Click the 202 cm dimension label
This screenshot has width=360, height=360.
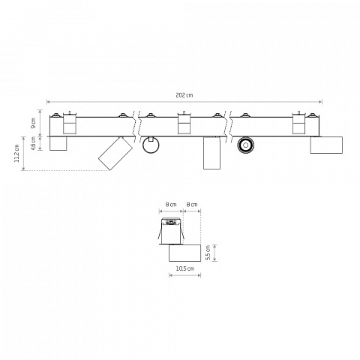(x=184, y=95)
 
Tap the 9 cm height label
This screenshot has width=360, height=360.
(x=33, y=123)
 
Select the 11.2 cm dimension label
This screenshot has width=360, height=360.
(x=16, y=153)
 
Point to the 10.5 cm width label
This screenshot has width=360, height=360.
(x=184, y=268)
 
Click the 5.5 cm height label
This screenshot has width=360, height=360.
(x=208, y=253)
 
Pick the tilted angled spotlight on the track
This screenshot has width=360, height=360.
(x=115, y=153)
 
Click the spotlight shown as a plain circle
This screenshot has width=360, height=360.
(x=151, y=145)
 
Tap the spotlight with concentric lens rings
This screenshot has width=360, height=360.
(x=246, y=145)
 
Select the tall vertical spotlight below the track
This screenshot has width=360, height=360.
(x=211, y=153)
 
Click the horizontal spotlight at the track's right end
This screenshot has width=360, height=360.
(x=326, y=145)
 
